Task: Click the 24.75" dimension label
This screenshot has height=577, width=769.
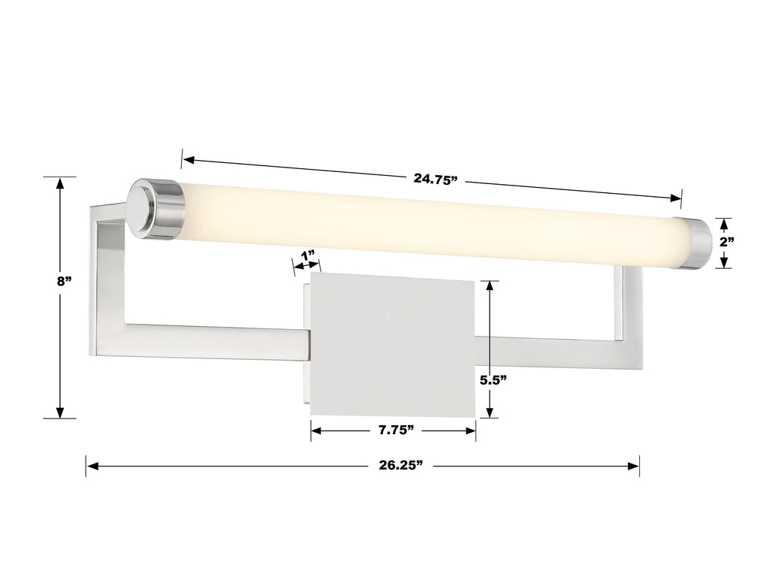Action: [435, 179]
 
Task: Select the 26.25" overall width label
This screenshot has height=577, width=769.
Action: [400, 466]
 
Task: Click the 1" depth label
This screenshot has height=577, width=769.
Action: [307, 255]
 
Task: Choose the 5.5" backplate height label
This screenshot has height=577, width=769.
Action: [493, 380]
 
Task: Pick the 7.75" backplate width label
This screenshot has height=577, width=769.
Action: [394, 430]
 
